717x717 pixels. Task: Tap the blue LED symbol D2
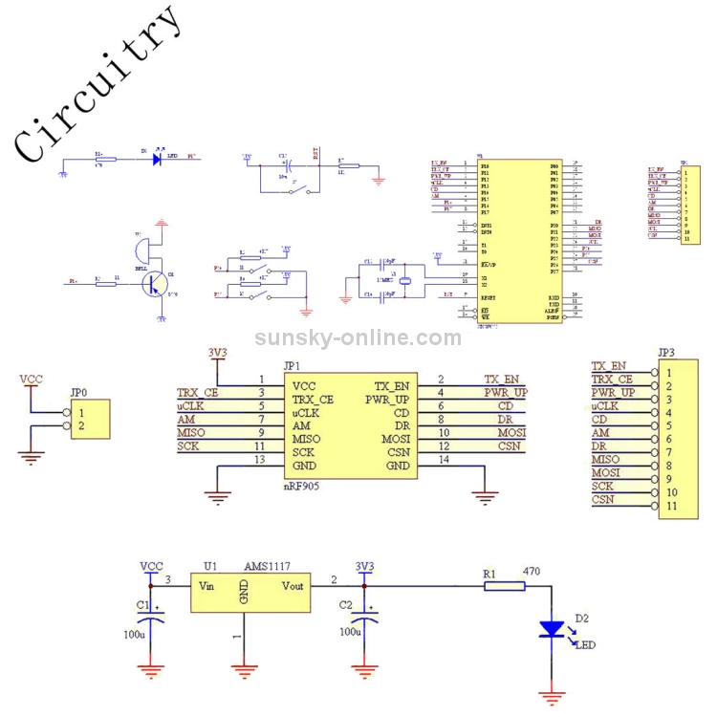552,629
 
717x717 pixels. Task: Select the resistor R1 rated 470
504,585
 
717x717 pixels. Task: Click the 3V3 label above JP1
218,353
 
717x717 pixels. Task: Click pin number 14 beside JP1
441,461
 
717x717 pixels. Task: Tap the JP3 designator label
668,351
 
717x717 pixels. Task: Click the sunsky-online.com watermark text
358,337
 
